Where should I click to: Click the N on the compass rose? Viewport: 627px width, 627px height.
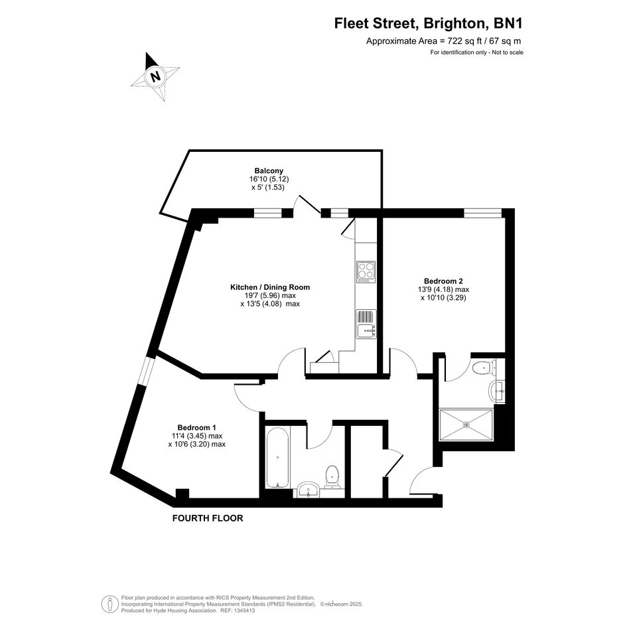(x=155, y=76)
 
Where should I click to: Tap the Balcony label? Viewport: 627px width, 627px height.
(x=269, y=171)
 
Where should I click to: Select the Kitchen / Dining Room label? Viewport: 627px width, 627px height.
(x=270, y=287)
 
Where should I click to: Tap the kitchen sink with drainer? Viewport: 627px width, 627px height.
(x=366, y=324)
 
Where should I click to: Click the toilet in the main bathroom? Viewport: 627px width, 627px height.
(x=332, y=476)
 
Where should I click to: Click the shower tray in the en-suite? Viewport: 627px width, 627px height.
(x=466, y=425)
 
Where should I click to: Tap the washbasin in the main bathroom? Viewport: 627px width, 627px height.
(x=308, y=490)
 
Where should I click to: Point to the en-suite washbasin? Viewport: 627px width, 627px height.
(x=497, y=390)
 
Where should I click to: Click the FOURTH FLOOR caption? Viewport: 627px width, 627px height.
(x=208, y=518)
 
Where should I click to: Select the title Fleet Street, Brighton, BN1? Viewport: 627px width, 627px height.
(x=428, y=23)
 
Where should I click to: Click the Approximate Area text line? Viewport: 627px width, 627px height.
(x=443, y=40)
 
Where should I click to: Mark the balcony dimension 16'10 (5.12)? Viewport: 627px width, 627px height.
(x=269, y=179)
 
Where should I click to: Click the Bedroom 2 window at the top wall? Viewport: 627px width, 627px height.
(x=482, y=213)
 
